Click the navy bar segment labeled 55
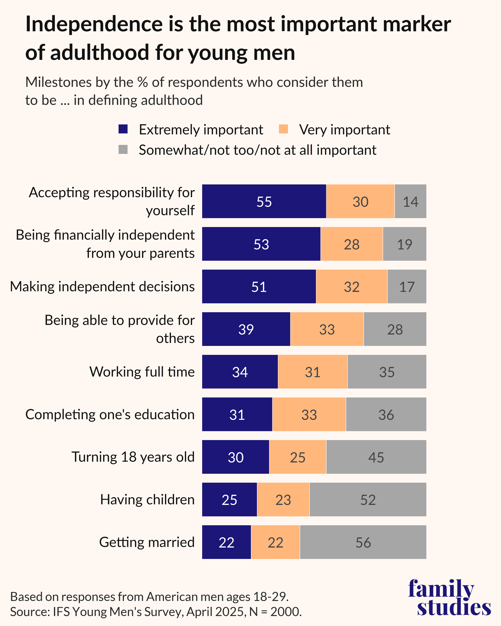click(264, 201)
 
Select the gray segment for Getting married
click(363, 542)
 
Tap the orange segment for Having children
click(283, 499)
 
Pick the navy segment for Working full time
click(240, 372)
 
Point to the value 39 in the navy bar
click(246, 329)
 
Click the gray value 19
click(405, 244)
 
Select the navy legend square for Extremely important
click(123, 129)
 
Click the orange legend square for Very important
click(283, 129)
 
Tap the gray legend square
click(123, 149)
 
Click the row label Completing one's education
click(110, 414)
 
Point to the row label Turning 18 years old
click(133, 457)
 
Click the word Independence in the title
click(94, 24)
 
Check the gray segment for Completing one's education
click(386, 414)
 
